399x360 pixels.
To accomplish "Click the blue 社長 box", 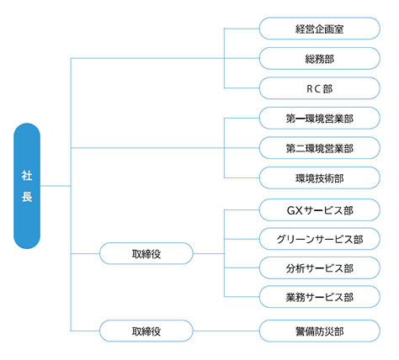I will pyautogui.click(x=27, y=186).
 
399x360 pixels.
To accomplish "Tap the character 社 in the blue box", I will pyautogui.click(x=27, y=175).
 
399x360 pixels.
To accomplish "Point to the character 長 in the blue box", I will pyautogui.click(x=27, y=198).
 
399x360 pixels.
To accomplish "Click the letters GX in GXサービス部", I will pyautogui.click(x=293, y=208).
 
